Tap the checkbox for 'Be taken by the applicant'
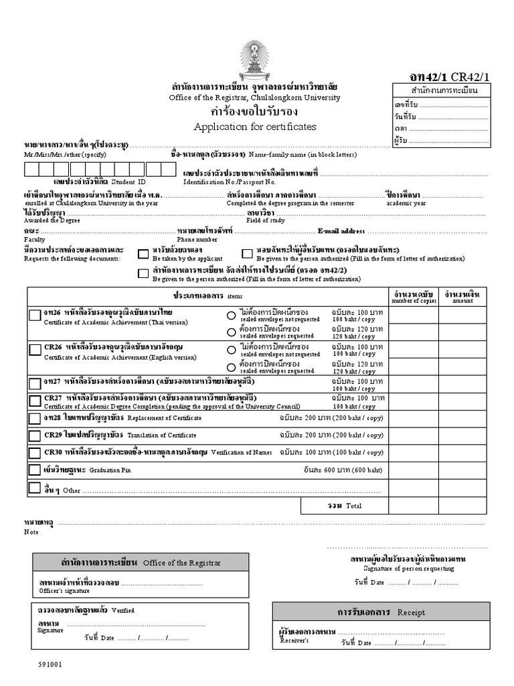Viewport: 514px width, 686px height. [x=143, y=253]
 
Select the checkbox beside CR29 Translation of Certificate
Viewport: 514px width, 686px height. [x=35, y=435]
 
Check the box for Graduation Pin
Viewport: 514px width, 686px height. [x=35, y=470]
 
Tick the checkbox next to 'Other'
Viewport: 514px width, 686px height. [x=34, y=488]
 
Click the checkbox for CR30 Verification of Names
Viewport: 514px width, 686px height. [x=35, y=452]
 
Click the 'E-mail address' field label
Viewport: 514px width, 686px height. [x=341, y=231]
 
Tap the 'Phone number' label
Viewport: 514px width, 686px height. [x=197, y=239]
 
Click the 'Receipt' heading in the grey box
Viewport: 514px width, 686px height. [x=411, y=612]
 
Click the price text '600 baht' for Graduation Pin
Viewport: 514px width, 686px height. [x=369, y=470]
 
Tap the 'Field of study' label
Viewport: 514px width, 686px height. [x=265, y=220]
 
